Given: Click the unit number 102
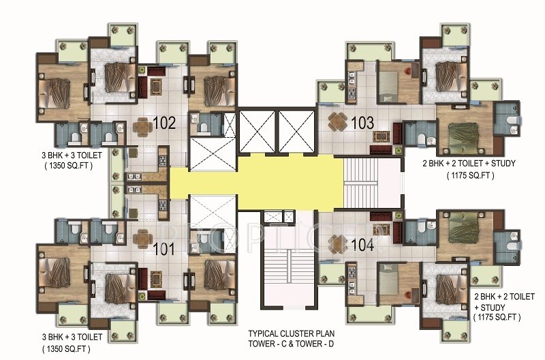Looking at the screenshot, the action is click(164, 123).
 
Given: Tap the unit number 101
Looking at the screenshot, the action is click(164, 249).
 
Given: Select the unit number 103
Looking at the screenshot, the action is click(362, 123).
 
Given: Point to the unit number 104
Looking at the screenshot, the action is click(362, 245).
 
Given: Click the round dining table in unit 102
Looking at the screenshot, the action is click(142, 125).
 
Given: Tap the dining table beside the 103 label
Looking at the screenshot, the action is click(338, 121).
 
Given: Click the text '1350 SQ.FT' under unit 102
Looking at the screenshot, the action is click(69, 166).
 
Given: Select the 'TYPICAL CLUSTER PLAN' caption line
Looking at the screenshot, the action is click(292, 333).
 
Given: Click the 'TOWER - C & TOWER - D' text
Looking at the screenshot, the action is click(291, 344).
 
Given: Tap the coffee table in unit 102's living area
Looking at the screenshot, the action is click(157, 87).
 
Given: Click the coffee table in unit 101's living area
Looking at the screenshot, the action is click(157, 279).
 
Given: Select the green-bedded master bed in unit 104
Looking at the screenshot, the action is click(465, 228).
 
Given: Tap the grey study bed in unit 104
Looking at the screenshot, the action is click(388, 279).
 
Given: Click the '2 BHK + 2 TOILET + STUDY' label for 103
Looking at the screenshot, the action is click(469, 163).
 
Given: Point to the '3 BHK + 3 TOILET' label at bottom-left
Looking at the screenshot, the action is click(72, 337).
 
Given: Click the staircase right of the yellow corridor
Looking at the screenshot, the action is click(360, 183).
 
